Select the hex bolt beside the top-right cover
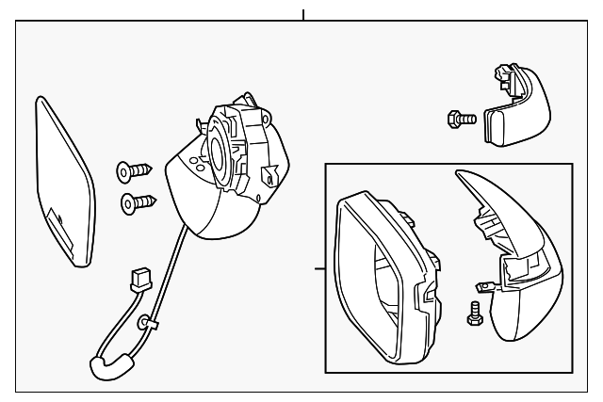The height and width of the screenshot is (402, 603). click(x=459, y=118)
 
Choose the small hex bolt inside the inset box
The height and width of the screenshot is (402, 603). click(x=474, y=314)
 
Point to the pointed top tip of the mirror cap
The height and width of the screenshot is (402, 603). click(x=459, y=174)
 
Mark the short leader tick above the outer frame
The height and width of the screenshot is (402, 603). click(x=303, y=15)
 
